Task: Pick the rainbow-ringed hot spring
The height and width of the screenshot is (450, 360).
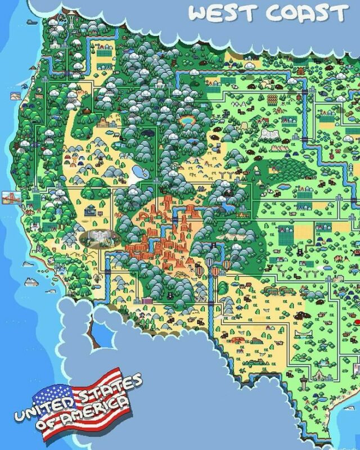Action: [185, 120]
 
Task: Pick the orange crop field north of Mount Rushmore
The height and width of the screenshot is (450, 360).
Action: [273, 100]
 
